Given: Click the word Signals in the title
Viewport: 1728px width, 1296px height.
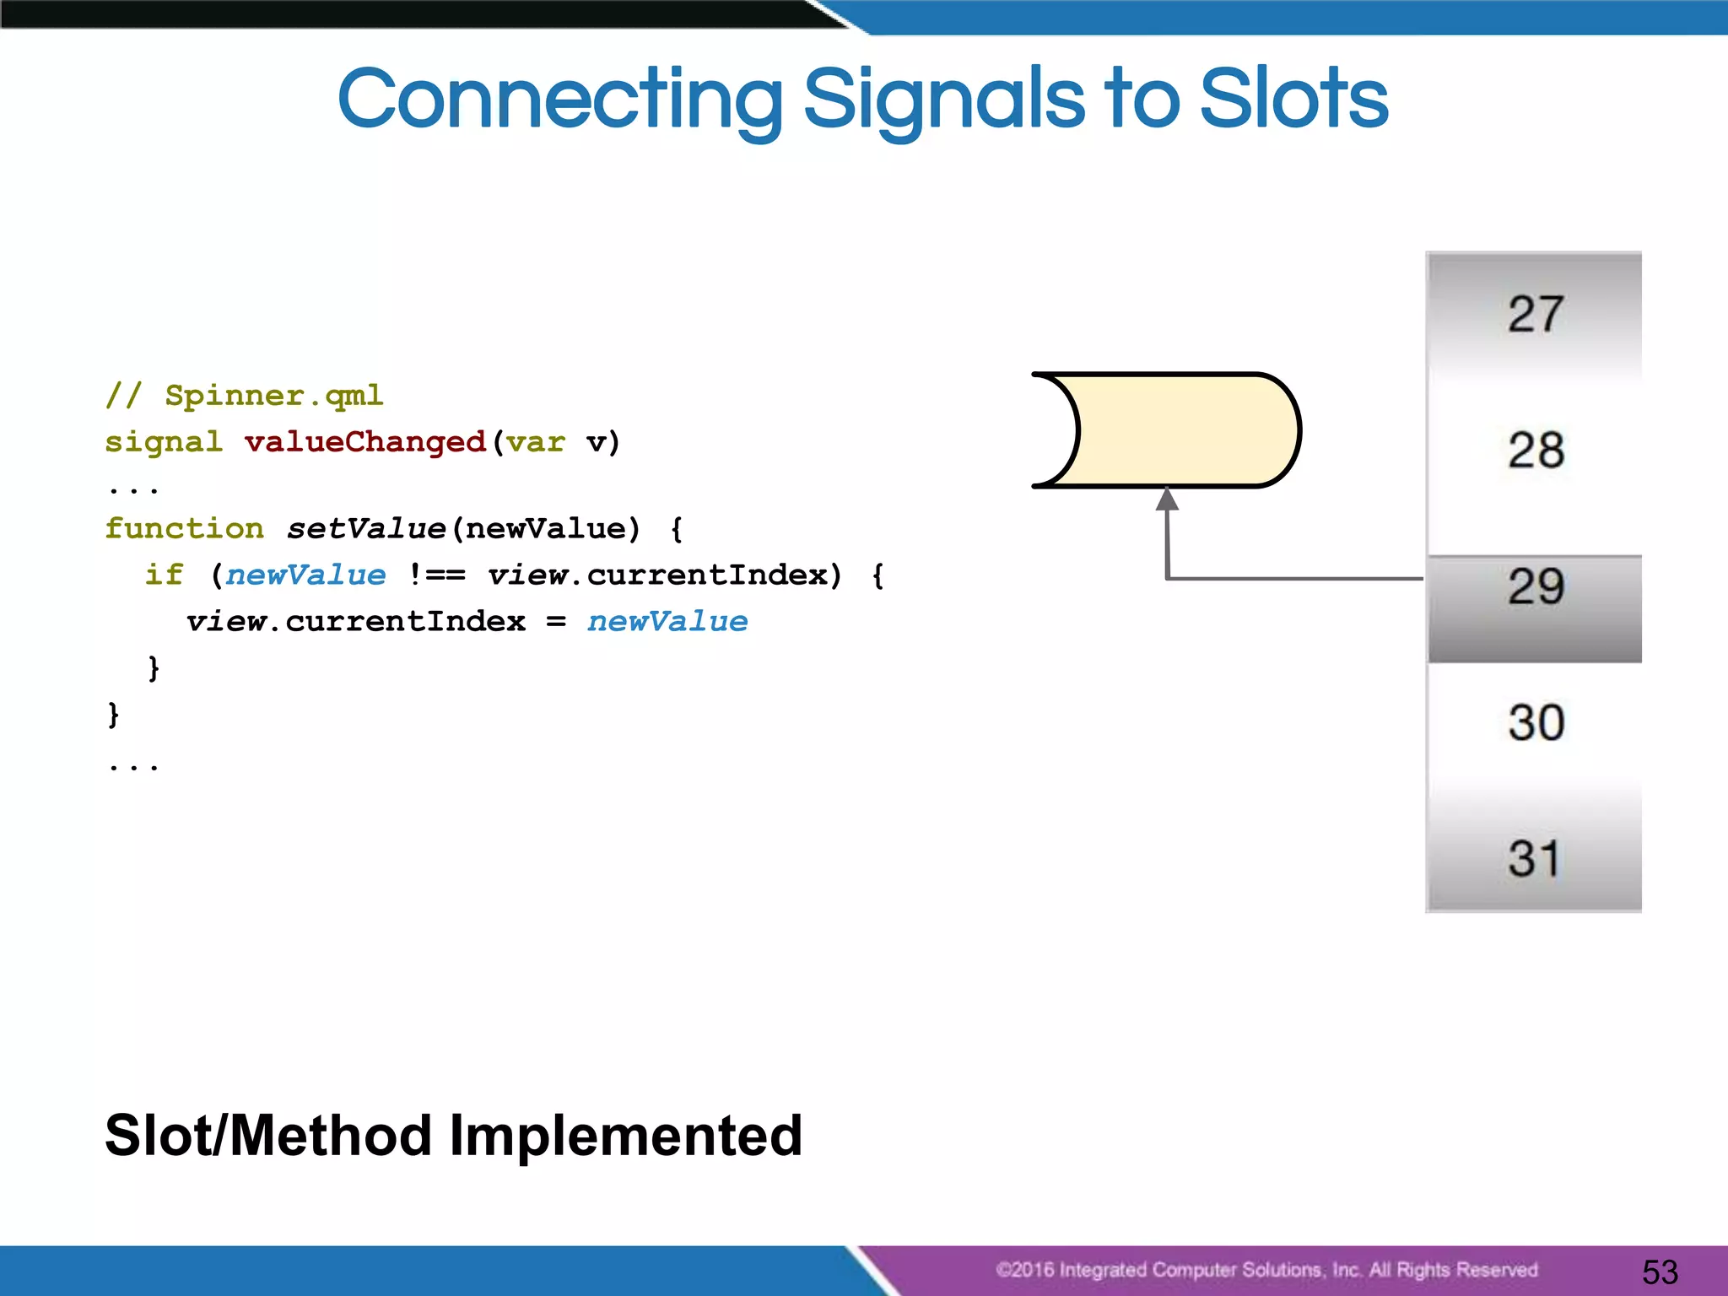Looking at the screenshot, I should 943,100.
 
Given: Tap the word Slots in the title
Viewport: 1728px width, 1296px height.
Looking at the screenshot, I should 1293,100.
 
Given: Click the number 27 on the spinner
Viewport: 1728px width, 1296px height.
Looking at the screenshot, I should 1536,314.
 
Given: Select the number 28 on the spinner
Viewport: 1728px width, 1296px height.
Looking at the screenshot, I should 1536,450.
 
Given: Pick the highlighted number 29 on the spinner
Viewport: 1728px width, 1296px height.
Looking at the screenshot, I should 1536,587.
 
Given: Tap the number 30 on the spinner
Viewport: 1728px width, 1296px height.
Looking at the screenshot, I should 1536,723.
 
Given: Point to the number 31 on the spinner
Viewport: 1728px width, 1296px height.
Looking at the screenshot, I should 1534,859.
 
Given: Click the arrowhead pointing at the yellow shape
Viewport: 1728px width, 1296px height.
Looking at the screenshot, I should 1167,499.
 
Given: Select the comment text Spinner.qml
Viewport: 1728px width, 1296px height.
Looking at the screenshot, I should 273,395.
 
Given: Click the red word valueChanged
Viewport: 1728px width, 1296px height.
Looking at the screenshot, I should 364,442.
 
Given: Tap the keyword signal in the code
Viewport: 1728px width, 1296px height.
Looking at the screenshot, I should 164,442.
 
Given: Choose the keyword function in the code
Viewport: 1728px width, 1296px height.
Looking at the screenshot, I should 184,529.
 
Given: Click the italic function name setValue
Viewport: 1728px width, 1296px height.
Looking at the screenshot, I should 365,529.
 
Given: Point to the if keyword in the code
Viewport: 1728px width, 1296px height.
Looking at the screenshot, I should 164,575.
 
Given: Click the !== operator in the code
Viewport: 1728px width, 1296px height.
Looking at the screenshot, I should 436,575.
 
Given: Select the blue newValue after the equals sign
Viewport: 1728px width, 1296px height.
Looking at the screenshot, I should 667,622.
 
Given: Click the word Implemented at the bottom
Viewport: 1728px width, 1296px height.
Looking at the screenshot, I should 625,1136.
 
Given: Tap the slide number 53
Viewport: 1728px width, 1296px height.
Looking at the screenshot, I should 1660,1272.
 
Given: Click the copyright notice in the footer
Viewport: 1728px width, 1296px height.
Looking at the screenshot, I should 1266,1270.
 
